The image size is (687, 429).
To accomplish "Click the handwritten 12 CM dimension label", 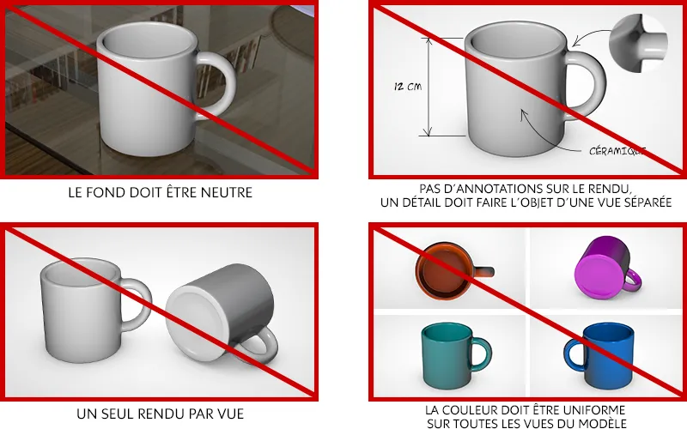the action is [x=407, y=87].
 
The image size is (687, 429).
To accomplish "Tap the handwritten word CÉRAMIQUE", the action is [x=617, y=151].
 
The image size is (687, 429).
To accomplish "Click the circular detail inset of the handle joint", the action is [x=638, y=42].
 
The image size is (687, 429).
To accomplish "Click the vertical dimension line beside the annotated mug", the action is [x=428, y=87].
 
